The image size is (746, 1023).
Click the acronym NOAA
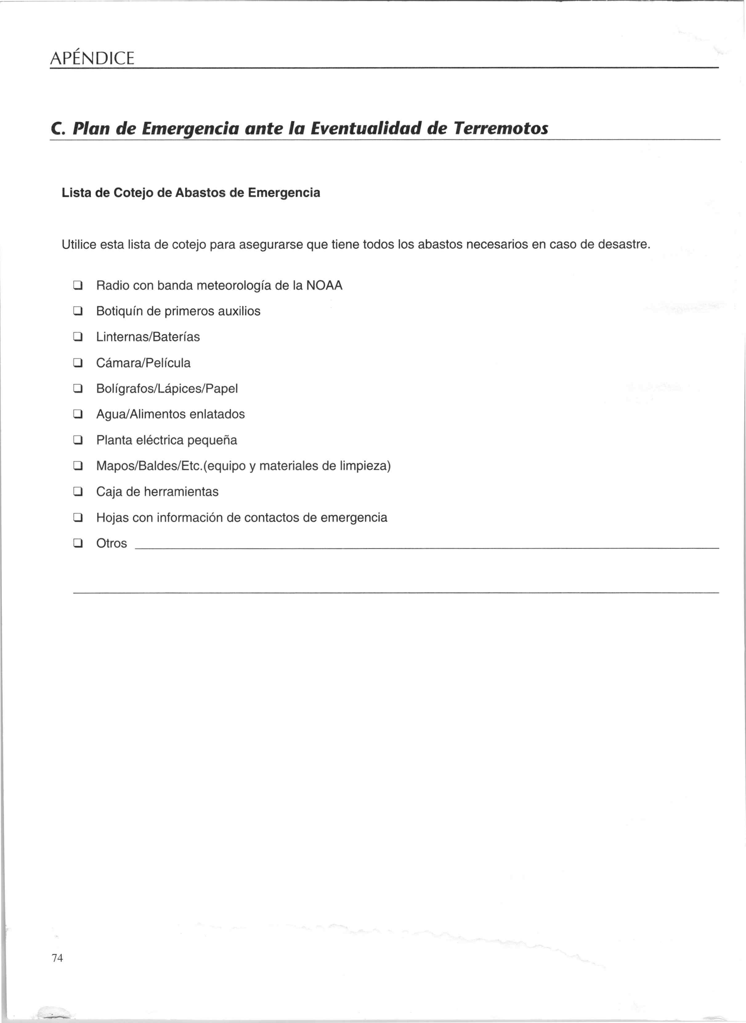324,286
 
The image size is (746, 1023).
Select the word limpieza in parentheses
362,466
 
